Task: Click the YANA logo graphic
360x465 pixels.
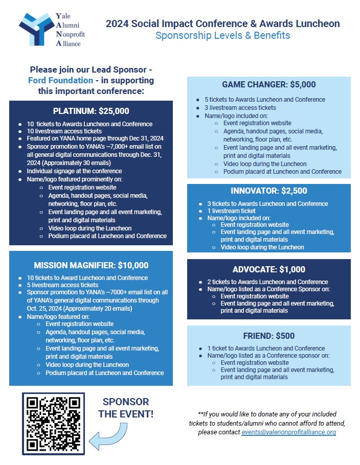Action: pyautogui.click(x=35, y=29)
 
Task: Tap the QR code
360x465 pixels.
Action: pyautogui.click(x=53, y=424)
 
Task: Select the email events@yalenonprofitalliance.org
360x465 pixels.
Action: pyautogui.click(x=289, y=432)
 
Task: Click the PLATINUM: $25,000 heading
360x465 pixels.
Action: pyautogui.click(x=91, y=111)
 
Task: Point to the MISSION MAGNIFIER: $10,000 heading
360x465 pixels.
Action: pyautogui.click(x=91, y=265)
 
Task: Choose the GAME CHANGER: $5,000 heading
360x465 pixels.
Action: pyautogui.click(x=268, y=85)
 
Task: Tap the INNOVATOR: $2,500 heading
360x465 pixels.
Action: pyautogui.click(x=268, y=191)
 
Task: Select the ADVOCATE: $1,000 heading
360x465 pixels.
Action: pyautogui.click(x=268, y=270)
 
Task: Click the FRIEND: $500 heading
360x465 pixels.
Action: pyautogui.click(x=268, y=336)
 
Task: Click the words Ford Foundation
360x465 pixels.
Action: pyautogui.click(x=60, y=81)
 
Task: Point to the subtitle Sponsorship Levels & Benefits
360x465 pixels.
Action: pyautogui.click(x=222, y=36)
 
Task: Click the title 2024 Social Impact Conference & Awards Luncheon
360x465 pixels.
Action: pyautogui.click(x=222, y=24)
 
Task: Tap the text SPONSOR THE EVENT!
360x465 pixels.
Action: pyautogui.click(x=126, y=408)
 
